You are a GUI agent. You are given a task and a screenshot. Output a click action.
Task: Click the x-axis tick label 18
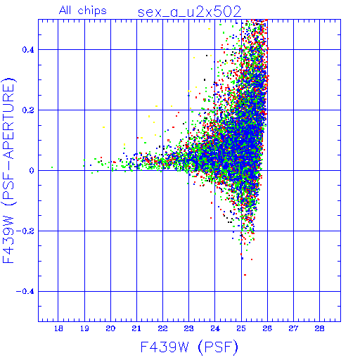58,328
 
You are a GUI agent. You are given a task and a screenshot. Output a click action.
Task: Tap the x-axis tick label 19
84,328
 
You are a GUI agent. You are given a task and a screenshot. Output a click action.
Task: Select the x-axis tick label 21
136,328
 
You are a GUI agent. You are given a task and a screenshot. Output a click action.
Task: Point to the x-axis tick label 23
188,328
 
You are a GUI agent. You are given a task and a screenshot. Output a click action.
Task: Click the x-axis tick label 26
267,328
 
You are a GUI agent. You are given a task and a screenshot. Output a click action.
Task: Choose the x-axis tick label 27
293,328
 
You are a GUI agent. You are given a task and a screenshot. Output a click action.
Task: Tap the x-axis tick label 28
319,328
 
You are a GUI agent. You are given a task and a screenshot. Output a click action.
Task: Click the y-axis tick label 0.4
28,50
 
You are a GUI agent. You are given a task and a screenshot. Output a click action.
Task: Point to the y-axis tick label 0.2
28,110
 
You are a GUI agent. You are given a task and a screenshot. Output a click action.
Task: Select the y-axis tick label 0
32,171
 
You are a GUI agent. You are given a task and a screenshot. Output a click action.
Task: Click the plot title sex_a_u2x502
189,12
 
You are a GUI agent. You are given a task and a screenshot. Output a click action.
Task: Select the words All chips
83,11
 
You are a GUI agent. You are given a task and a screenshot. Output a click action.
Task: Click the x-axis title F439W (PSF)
189,347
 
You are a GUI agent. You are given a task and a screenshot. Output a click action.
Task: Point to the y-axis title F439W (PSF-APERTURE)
8,171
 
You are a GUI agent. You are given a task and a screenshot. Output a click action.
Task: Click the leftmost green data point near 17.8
52,167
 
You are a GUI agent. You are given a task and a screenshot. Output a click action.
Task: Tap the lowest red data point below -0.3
245,275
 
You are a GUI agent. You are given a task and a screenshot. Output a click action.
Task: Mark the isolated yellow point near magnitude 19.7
103,127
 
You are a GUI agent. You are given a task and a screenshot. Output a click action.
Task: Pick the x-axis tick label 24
215,328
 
